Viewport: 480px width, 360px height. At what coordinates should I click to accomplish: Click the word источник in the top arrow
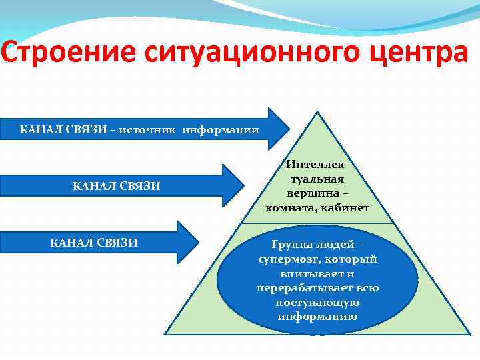(148, 129)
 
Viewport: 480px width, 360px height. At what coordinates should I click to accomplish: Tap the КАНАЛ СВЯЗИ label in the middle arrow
(116, 185)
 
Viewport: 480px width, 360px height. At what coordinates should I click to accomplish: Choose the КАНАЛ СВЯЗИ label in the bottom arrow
(94, 242)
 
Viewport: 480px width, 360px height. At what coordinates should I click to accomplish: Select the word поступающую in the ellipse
(317, 302)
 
